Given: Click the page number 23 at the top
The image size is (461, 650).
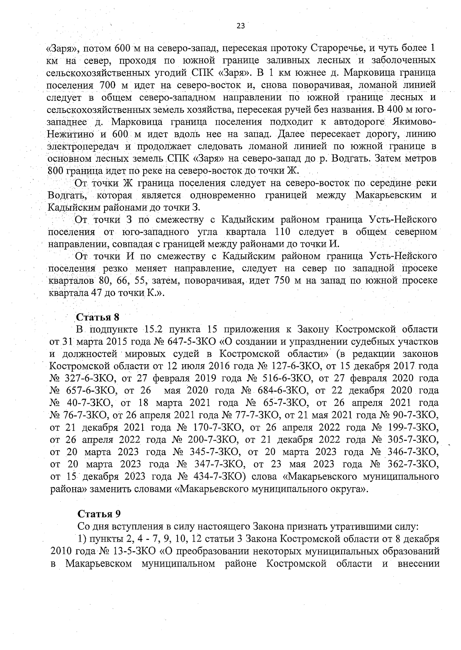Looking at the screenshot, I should (240, 26).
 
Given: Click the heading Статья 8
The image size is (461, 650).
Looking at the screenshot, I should (98, 317).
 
